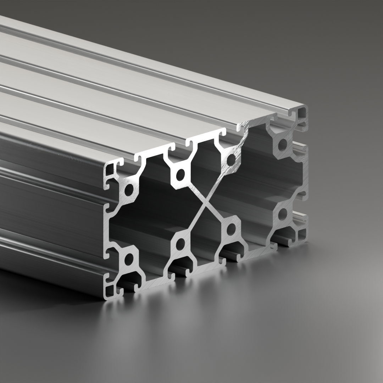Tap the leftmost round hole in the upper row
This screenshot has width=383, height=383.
click(x=129, y=190)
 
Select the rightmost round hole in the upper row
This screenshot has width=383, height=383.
click(x=283, y=144)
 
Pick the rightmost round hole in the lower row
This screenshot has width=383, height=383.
click(x=283, y=214)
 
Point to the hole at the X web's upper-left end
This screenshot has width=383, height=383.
click(x=181, y=174)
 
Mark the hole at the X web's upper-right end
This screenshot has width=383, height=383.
click(x=231, y=160)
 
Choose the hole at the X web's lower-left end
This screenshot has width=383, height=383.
click(x=181, y=243)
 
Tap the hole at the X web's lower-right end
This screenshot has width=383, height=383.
click(x=231, y=229)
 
